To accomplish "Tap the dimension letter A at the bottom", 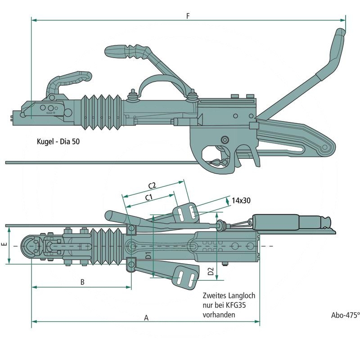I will (x=146, y=318).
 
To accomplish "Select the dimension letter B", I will (x=82, y=282).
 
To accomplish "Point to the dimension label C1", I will (x=149, y=197).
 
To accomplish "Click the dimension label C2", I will (x=152, y=185).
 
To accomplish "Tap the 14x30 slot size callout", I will (x=241, y=201).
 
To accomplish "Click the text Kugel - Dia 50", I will (x=59, y=141).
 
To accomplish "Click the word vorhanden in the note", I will (x=219, y=315).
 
